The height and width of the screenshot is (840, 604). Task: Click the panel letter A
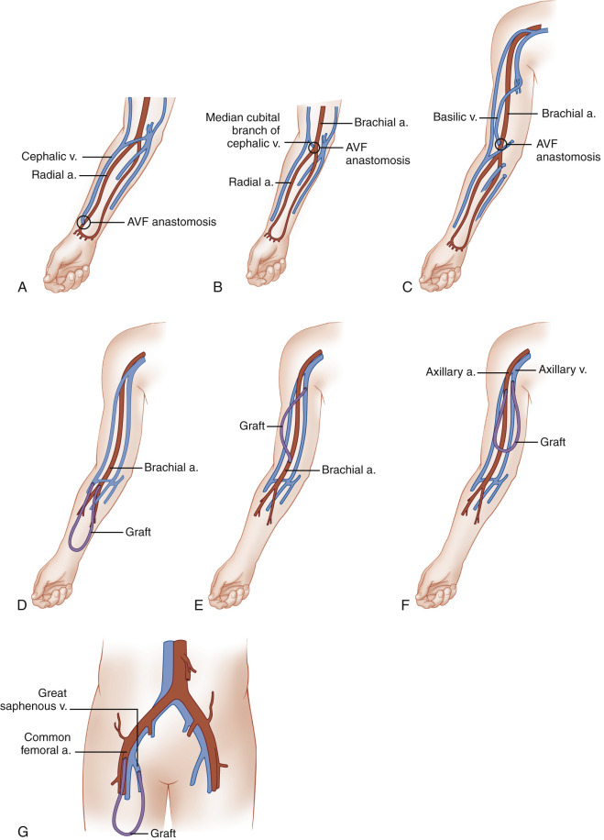[x=22, y=287]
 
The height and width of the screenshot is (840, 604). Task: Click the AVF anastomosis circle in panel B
[x=314, y=148]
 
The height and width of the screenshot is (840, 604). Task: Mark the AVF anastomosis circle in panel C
[x=500, y=144]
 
